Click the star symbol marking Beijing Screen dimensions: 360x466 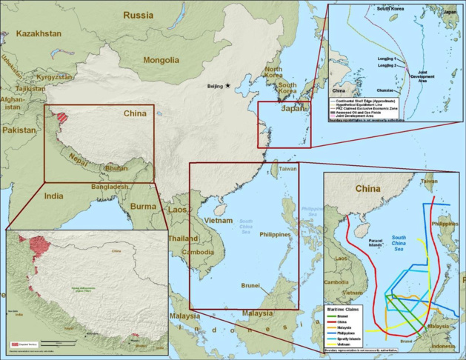point(227,86)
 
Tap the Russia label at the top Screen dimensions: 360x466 point(139,15)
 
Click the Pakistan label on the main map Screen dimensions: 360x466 point(19,130)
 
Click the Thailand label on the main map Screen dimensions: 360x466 point(182,239)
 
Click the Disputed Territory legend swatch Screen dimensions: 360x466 point(15,346)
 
